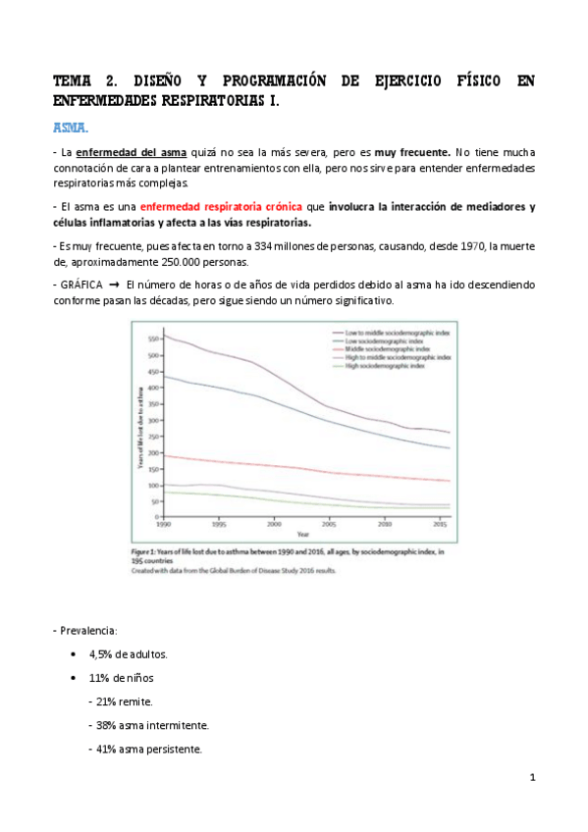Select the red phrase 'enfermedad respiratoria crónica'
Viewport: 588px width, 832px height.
pyautogui.click(x=221, y=207)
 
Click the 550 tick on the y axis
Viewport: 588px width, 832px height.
pyautogui.click(x=152, y=338)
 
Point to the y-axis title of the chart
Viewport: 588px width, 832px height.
pyautogui.click(x=139, y=428)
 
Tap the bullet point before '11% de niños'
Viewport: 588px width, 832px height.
pyautogui.click(x=77, y=678)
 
